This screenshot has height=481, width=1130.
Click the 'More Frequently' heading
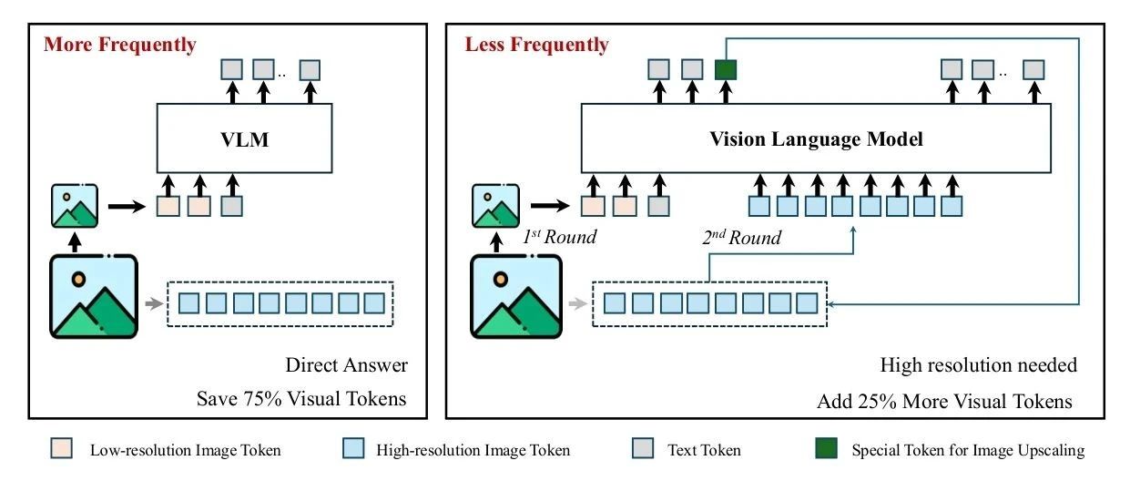point(120,45)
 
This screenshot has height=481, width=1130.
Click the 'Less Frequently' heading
point(536,45)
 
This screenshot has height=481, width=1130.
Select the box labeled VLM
point(245,138)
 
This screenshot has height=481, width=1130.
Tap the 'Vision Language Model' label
point(816,138)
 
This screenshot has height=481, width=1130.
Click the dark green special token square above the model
point(726,69)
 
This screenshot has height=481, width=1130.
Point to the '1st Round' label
point(559,236)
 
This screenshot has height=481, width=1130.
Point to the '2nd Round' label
point(741,237)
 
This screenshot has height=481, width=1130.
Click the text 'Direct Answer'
point(347,365)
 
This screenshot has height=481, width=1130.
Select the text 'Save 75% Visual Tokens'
point(301,399)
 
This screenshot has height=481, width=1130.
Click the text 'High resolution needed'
point(979,365)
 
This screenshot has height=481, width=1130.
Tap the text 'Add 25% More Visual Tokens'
point(945,401)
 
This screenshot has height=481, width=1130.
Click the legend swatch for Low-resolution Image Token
point(62,448)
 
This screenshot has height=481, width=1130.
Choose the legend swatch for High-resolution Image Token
point(353,448)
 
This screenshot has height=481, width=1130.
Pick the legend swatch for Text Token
point(643,448)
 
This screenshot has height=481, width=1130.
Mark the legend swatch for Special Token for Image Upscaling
point(826,448)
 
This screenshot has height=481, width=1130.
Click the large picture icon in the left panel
point(94,296)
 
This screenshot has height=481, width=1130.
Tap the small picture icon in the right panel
point(495,205)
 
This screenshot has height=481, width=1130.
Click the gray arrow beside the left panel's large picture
point(154,303)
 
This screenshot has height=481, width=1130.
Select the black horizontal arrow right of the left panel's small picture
point(127,206)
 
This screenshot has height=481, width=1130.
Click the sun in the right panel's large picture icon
point(501,279)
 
